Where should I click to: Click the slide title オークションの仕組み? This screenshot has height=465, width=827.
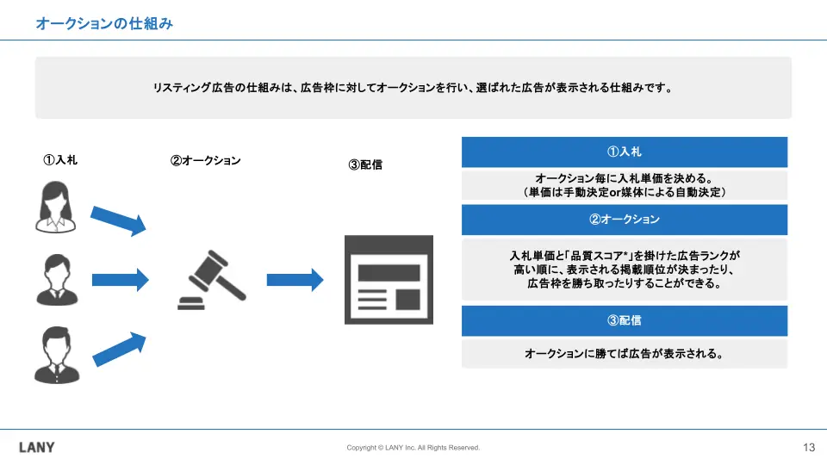tap(104, 24)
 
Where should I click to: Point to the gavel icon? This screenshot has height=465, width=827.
tap(209, 280)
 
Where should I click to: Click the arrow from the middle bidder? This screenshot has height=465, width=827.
tap(120, 279)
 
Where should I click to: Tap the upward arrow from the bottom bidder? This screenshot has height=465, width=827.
tap(119, 344)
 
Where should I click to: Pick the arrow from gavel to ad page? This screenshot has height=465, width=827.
tap(295, 280)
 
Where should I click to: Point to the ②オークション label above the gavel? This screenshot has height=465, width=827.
tap(205, 160)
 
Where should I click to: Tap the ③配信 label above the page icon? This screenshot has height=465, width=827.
tap(365, 165)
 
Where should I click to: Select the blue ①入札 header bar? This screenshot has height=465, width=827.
tap(624, 152)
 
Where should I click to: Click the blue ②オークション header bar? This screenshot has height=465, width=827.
tap(624, 220)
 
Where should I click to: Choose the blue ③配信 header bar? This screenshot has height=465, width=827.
tap(624, 320)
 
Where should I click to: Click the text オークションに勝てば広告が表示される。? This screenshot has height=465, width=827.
tap(624, 353)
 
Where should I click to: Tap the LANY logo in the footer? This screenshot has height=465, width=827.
tap(36, 448)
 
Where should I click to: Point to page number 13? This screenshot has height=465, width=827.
tap(808, 448)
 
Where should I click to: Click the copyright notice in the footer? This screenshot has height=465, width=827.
tap(413, 448)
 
